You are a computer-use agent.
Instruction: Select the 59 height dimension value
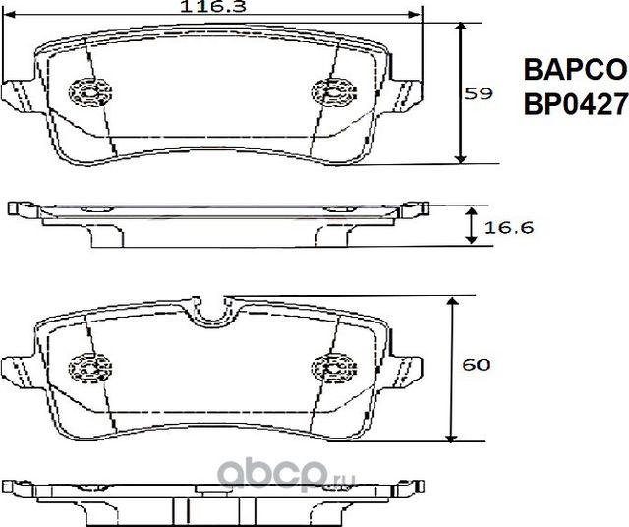point(479,94)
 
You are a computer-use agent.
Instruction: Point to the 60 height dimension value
point(477,366)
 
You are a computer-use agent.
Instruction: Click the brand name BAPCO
point(573,70)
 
